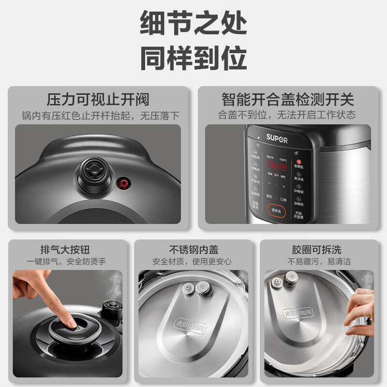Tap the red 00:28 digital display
[276, 166]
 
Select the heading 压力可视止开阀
[98, 100]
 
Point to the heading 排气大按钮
[66, 250]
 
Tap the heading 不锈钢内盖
[193, 250]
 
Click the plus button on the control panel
[284, 186]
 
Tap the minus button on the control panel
[269, 186]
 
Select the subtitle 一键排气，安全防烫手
[66, 262]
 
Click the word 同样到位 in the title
[193, 59]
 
